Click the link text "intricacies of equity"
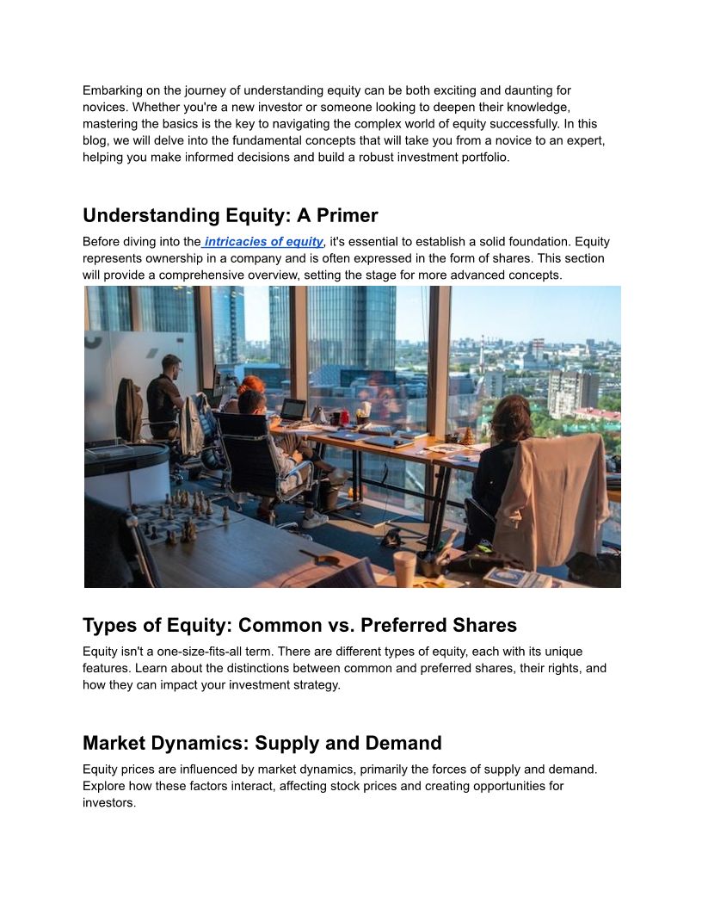263,242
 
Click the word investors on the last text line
109,803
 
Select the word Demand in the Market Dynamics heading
404,743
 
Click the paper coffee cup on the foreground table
404,568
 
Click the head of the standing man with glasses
171,364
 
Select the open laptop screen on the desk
293,409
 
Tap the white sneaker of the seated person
314,519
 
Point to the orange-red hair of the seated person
250,385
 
